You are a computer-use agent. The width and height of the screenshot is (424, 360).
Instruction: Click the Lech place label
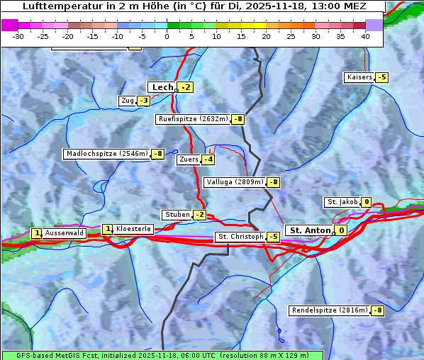162,87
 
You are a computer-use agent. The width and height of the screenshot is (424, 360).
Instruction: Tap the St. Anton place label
311,230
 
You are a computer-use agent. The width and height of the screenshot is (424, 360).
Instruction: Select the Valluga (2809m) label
234,182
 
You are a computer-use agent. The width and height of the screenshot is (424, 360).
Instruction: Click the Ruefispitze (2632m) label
193,119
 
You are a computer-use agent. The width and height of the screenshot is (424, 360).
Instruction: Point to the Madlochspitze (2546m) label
106,153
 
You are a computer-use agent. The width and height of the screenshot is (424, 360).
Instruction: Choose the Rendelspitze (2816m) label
330,310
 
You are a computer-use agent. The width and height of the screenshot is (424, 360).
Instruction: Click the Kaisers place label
359,77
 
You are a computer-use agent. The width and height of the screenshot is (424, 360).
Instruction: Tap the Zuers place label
188,159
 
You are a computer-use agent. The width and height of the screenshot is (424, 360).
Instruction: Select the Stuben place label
177,215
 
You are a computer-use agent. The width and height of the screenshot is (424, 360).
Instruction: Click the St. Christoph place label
240,237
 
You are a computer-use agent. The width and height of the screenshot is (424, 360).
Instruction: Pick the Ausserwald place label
65,232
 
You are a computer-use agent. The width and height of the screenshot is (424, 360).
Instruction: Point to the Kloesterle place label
133,229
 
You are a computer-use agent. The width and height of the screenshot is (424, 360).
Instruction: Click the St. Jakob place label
342,202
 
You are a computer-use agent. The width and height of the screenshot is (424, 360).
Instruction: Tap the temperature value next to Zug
143,101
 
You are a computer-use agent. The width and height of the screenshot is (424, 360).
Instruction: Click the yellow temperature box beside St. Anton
342,230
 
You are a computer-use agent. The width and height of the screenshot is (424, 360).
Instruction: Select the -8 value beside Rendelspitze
379,310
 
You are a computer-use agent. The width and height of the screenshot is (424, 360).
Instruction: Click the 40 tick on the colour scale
365,36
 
